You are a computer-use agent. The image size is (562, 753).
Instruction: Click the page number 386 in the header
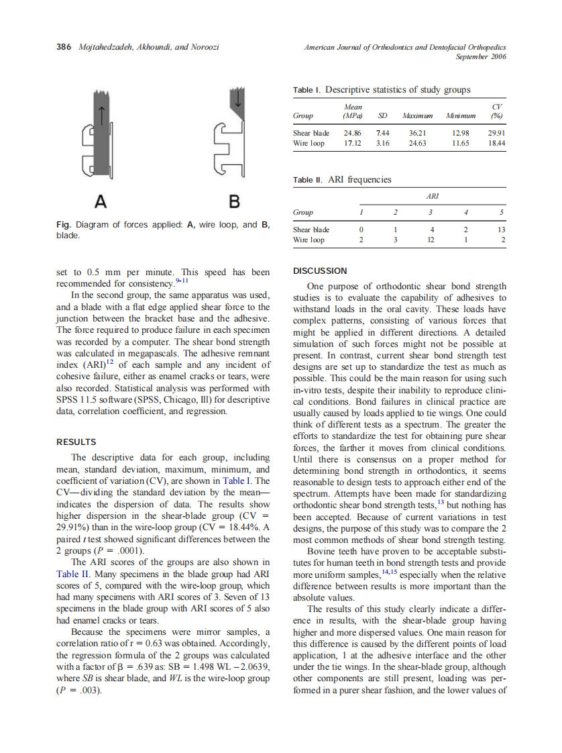click(64, 47)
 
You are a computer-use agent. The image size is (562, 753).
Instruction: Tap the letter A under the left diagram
click(100, 201)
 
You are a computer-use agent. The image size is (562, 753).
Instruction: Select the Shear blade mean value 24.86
click(353, 134)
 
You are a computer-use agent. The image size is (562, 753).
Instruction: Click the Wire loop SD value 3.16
click(382, 143)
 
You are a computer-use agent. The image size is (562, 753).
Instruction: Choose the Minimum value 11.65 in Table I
click(460, 143)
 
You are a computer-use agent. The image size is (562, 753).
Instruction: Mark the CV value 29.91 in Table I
click(497, 134)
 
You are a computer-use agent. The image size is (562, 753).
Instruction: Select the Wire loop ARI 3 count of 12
click(431, 240)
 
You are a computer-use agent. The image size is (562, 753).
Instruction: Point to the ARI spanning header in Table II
click(433, 196)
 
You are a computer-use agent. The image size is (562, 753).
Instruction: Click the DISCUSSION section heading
click(321, 271)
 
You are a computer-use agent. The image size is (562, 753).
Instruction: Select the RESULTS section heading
click(76, 442)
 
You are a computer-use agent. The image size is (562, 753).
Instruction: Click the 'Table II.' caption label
click(308, 180)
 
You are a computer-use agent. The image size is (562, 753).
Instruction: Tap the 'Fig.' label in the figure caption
click(64, 225)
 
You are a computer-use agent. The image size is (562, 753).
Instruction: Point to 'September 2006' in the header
click(480, 56)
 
